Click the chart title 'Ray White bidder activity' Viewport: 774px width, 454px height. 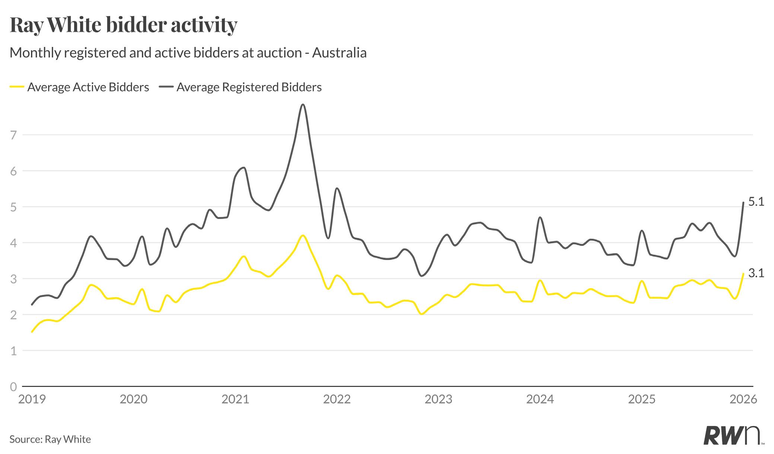[x=123, y=25]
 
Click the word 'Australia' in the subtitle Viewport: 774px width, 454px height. [x=339, y=53]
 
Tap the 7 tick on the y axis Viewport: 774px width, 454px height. [x=14, y=135]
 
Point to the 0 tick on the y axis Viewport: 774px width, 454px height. [x=14, y=387]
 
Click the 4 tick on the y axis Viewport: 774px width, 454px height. [x=14, y=243]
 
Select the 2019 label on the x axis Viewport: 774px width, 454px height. [x=32, y=399]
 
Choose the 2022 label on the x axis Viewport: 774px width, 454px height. [x=337, y=399]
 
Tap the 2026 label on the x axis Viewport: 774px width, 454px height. [x=743, y=399]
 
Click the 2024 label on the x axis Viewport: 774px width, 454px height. [x=540, y=399]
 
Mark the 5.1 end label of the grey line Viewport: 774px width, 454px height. [x=756, y=202]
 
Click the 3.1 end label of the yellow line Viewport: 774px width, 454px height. [x=756, y=273]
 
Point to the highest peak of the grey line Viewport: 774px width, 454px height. [x=303, y=104]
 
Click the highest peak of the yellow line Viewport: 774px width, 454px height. [x=303, y=235]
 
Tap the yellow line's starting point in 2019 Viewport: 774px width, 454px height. [x=32, y=331]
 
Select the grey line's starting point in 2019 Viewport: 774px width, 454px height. [x=32, y=305]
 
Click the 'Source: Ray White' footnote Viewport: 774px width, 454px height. [x=50, y=439]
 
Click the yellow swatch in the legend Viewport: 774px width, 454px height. [x=17, y=87]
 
